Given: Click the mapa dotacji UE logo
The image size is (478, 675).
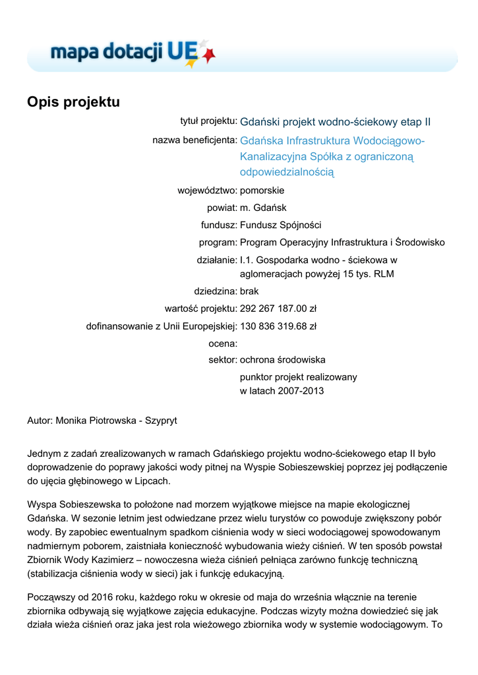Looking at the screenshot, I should click(x=132, y=53).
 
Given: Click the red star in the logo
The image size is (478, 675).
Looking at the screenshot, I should click(x=209, y=56).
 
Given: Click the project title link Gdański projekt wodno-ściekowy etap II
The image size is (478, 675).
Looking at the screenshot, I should click(x=335, y=122).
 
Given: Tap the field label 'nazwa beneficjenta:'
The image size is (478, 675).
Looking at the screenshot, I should click(x=194, y=140).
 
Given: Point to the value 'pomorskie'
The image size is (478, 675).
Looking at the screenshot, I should click(x=262, y=191).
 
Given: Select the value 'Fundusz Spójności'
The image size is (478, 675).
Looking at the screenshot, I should click(x=281, y=225).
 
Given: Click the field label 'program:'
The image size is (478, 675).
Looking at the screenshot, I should click(x=218, y=242).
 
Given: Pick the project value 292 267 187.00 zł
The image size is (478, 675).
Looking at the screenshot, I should click(x=278, y=308).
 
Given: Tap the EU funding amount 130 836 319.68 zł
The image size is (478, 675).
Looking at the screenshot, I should click(x=278, y=326).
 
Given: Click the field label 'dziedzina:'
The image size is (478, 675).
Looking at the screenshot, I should click(x=215, y=291).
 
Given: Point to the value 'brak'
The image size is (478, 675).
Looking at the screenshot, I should click(x=249, y=291).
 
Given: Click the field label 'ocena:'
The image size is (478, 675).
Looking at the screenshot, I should click(x=223, y=343).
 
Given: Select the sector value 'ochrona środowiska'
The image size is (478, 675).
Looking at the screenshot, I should click(x=282, y=360).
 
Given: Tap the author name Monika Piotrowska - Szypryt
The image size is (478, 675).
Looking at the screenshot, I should click(x=116, y=420).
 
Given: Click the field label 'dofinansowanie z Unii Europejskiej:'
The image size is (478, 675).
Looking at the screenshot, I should click(x=162, y=326).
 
